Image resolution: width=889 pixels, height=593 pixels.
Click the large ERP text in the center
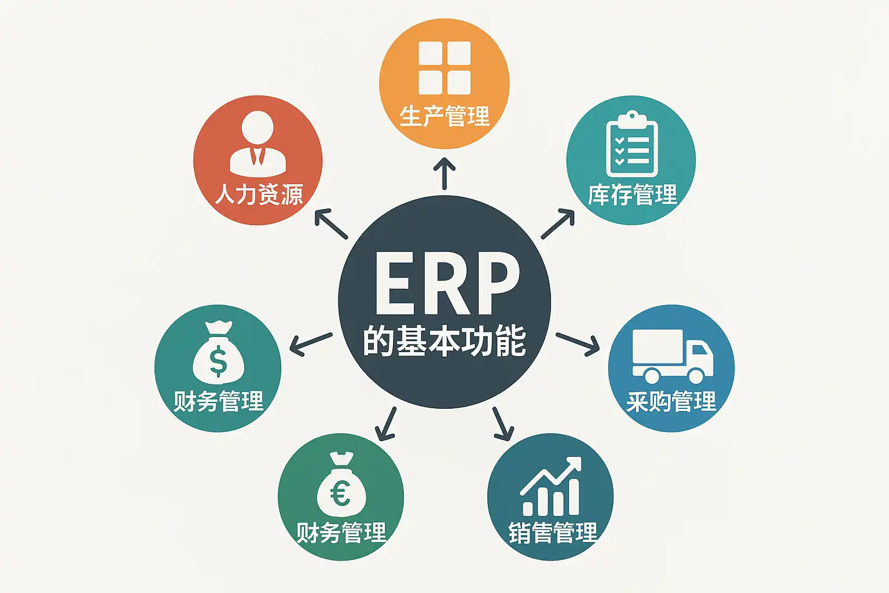coord(444,284)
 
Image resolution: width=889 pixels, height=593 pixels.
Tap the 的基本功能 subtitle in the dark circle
coord(444,341)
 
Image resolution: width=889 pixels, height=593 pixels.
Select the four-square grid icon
coord(444,68)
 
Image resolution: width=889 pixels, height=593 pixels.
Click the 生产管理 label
coord(444,116)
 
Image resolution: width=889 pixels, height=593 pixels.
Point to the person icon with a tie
coord(258,144)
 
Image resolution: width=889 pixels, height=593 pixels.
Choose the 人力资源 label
coord(259,195)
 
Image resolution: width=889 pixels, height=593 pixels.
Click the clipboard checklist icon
coord(631,144)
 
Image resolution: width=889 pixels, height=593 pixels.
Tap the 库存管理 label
coord(632,195)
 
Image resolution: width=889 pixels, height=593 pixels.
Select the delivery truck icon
coord(672,356)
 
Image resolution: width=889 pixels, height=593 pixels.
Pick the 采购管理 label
coord(671,401)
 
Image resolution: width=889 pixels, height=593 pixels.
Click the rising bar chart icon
coord(552,486)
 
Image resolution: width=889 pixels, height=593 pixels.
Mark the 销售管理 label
coord(553,532)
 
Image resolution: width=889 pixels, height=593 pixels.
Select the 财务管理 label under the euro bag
coord(341,532)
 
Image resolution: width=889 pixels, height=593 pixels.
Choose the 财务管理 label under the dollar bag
coord(218,401)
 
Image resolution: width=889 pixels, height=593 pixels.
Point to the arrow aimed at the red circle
coord(330,224)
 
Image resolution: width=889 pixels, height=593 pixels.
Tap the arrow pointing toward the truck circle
coord(578,344)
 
